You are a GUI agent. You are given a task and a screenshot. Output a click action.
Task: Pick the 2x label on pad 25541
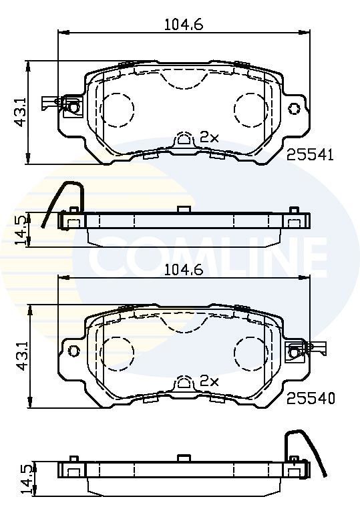click(209, 138)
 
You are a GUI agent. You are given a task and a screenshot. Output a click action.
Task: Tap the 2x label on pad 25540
click(209, 381)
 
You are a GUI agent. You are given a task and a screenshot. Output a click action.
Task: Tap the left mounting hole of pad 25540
click(74, 351)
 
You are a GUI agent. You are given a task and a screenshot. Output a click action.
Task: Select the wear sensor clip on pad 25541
click(61, 104)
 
